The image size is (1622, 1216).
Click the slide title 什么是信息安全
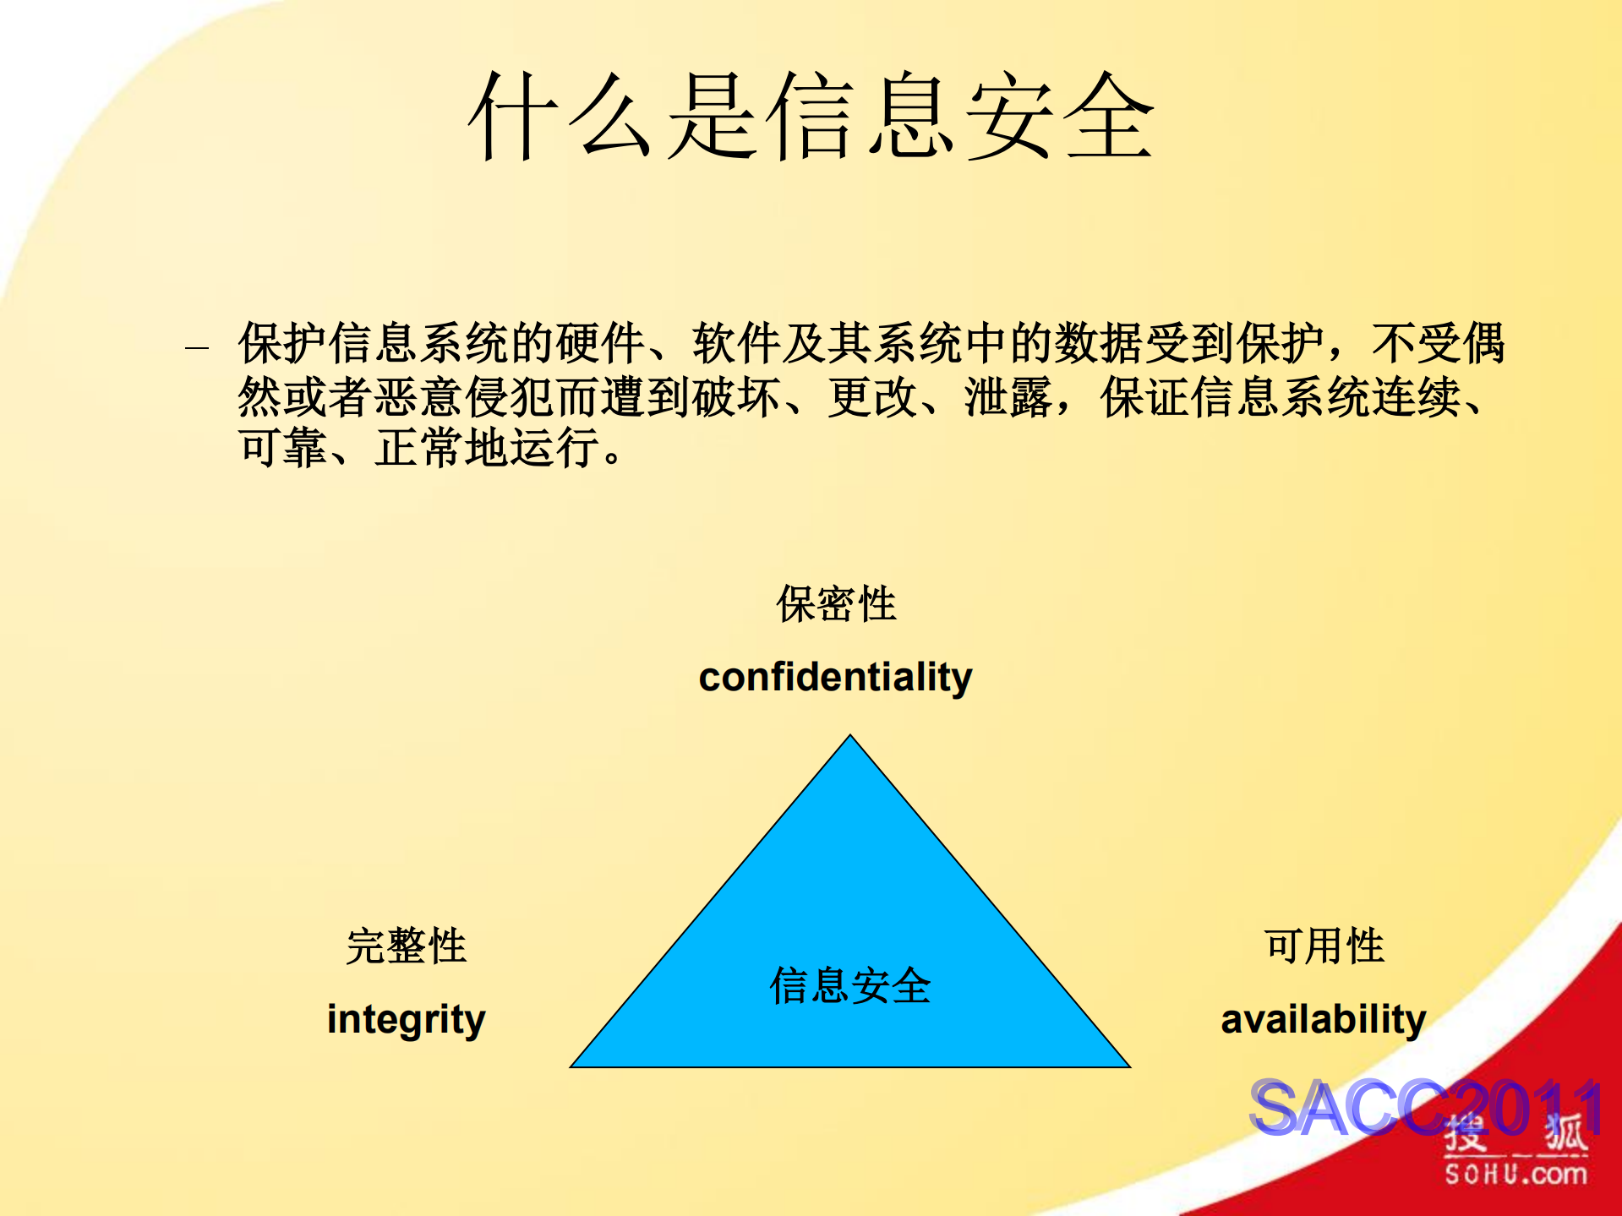[811, 117]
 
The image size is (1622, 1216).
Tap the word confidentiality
[835, 677]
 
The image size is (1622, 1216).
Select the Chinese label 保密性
[836, 604]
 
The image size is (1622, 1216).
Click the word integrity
[406, 1019]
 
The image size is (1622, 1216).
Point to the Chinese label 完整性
[406, 946]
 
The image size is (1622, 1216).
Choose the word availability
[1323, 1019]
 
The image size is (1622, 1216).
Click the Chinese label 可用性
[1324, 946]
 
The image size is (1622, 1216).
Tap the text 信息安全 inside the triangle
[849, 986]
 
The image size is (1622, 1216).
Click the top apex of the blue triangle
[850, 738]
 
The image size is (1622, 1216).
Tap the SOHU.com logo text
[1516, 1174]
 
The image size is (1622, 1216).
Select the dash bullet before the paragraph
[197, 346]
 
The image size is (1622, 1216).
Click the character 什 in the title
[511, 117]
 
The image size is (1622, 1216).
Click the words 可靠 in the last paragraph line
[283, 448]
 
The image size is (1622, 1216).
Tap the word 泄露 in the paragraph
[1008, 397]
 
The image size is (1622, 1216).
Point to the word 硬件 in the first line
[601, 343]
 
